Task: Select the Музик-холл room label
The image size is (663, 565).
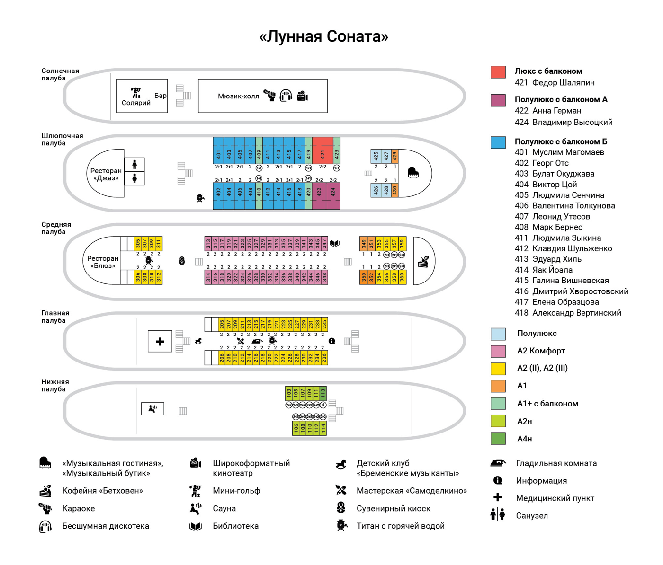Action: tap(238, 97)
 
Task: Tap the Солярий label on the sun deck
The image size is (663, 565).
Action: tap(136, 103)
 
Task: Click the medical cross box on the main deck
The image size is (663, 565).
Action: tap(160, 341)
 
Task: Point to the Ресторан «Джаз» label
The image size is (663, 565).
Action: tap(106, 174)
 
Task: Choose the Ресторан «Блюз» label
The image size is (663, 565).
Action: tap(103, 262)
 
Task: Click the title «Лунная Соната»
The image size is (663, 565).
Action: tap(324, 36)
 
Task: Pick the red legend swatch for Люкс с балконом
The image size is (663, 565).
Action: tap(498, 72)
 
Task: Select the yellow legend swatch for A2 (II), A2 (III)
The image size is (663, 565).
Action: tap(498, 368)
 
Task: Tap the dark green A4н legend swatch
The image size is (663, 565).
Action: tap(498, 439)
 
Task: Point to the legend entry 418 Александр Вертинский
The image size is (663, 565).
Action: tap(568, 313)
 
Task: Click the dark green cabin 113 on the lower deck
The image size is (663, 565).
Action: tap(323, 393)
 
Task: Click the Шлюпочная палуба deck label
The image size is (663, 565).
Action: tap(62, 139)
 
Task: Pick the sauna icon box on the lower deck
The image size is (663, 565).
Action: tap(152, 408)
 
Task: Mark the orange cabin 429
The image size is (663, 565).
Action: tap(394, 156)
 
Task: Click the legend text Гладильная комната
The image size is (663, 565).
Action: tap(556, 463)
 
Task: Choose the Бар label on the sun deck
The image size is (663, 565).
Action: tap(160, 96)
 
